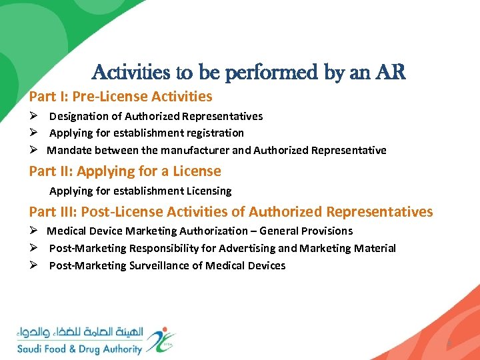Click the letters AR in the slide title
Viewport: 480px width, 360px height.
391,73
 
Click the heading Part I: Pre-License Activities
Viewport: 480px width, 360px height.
121,97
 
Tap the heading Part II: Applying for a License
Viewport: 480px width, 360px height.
125,171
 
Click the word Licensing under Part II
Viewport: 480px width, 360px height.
207,191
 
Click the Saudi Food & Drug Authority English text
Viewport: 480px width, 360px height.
79,349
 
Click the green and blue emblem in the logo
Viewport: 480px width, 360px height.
161,339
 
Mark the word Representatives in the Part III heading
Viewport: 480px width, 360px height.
379,212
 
